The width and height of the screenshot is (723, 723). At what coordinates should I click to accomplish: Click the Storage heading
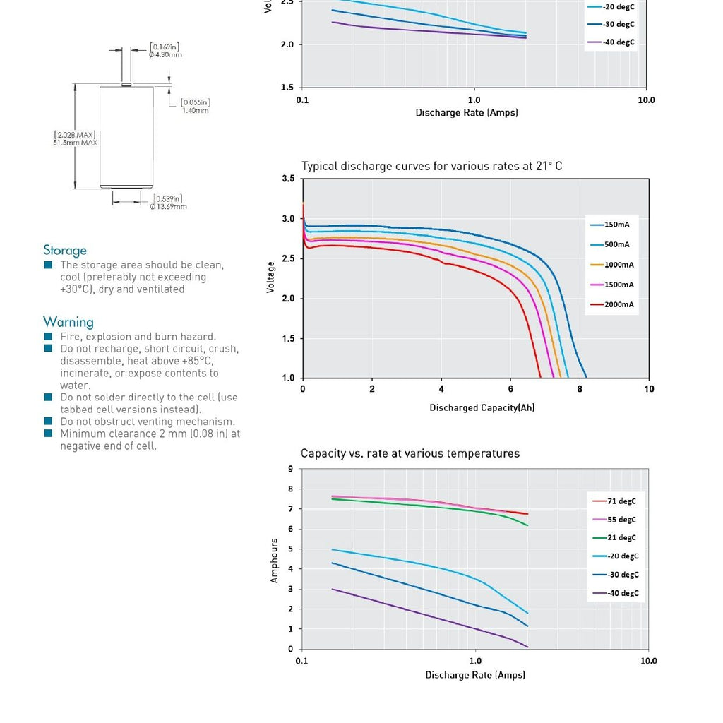pyautogui.click(x=65, y=251)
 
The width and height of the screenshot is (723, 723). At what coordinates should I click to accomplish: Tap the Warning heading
pyautogui.click(x=68, y=322)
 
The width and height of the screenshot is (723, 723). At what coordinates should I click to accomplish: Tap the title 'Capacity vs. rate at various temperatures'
pyautogui.click(x=410, y=453)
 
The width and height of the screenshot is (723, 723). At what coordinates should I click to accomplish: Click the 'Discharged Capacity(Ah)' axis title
pyautogui.click(x=482, y=408)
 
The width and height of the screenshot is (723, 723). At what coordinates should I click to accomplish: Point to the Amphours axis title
pyautogui.click(x=275, y=561)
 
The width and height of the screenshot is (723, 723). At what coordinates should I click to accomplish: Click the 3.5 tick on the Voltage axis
pyautogui.click(x=288, y=179)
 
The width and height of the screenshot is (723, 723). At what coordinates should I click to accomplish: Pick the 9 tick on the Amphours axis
pyautogui.click(x=290, y=469)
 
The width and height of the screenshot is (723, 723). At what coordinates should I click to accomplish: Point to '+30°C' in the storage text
pyautogui.click(x=76, y=289)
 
